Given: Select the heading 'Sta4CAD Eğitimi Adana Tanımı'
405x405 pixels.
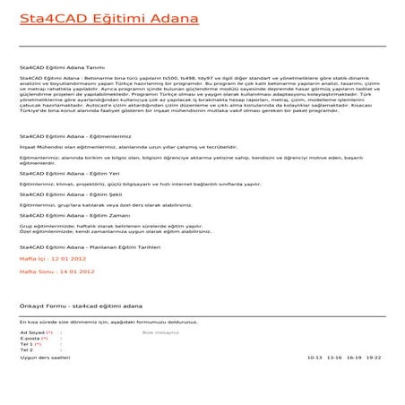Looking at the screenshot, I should (62, 67).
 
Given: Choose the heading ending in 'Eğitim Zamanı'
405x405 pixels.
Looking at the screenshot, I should (65, 216).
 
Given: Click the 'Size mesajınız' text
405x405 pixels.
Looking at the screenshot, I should (160, 332).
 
